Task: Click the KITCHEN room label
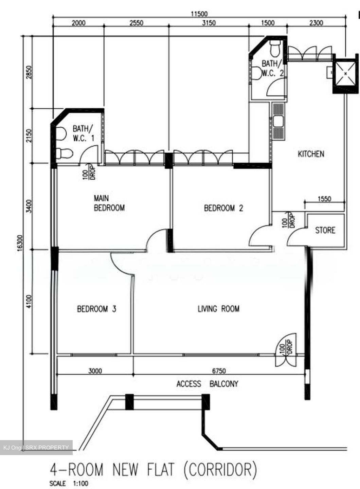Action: tap(311, 154)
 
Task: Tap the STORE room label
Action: tap(325, 230)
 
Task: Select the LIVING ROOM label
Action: tap(218, 309)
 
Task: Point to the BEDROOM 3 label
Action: tap(96, 309)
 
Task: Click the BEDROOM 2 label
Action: tap(223, 208)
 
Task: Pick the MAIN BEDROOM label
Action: tap(109, 203)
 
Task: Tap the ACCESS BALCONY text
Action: tap(207, 384)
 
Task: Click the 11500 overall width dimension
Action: tap(199, 14)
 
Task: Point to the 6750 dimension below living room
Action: tap(219, 371)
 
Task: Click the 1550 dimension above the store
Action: tap(324, 199)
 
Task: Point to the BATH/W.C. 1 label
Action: tap(83, 133)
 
